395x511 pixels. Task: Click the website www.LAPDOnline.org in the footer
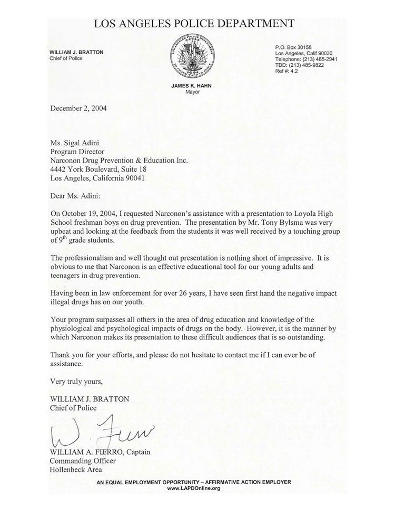click(194, 488)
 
